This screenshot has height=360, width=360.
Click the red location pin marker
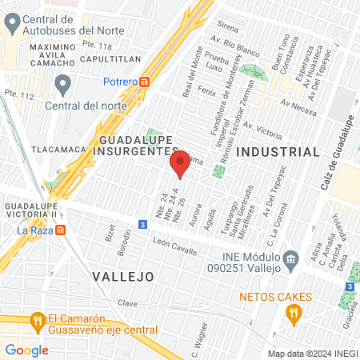pos(180,165)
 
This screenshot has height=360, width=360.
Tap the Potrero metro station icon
pos(145,81)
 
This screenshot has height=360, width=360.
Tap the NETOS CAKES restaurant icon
pos(294,315)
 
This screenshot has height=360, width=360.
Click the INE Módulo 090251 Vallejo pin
pos(292,258)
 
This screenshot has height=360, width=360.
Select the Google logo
pos(26,350)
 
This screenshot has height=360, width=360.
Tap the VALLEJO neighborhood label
pos(122,276)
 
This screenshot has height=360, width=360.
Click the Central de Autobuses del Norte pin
pos(10,24)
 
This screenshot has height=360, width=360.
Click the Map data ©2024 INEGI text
pos(311,353)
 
